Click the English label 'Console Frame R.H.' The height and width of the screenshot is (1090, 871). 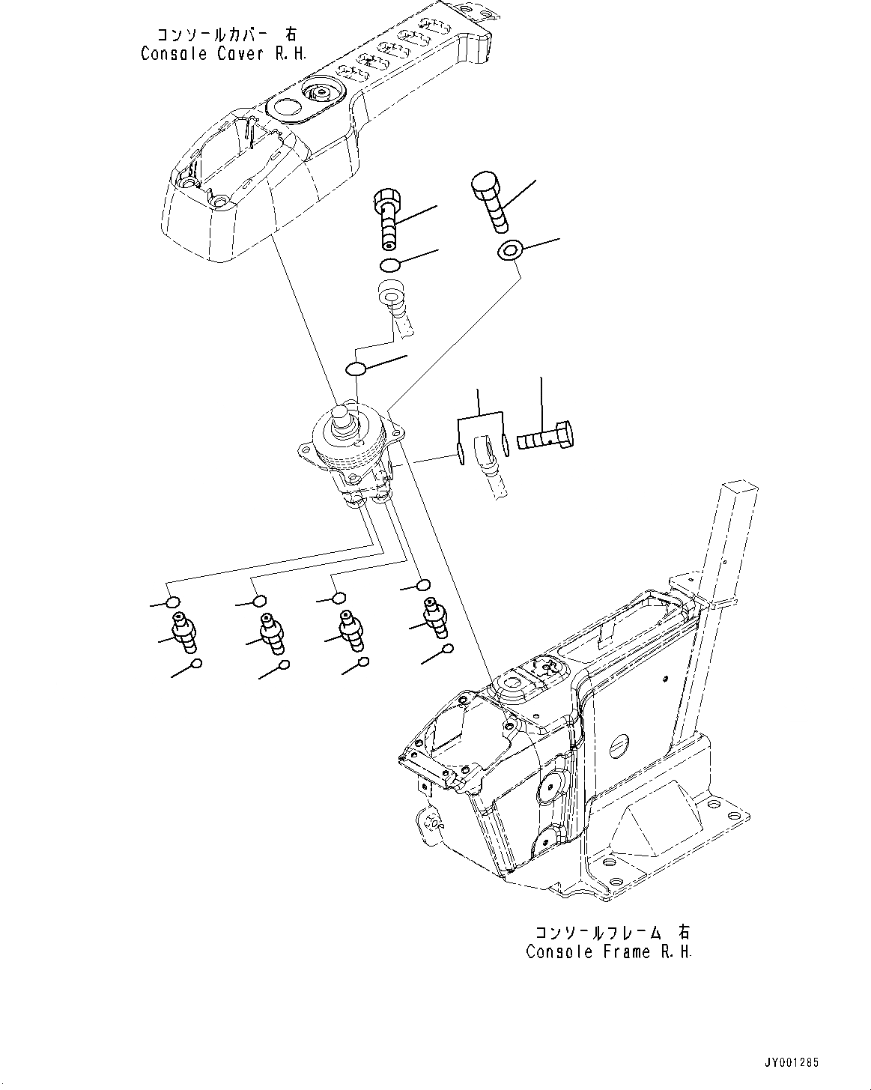click(x=609, y=952)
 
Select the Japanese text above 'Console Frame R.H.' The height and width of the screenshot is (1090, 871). click(x=612, y=932)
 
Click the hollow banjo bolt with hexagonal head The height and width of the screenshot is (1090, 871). click(x=386, y=217)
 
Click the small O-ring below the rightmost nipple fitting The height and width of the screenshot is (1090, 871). click(x=447, y=650)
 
